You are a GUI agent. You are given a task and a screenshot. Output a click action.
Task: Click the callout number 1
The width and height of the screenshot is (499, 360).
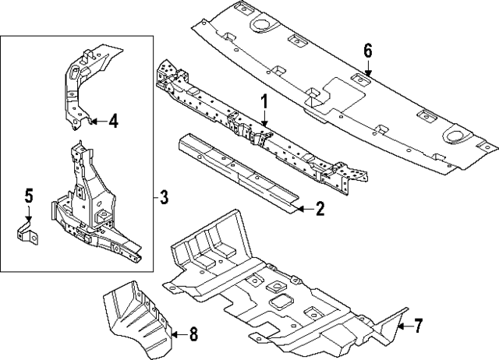pyautogui.click(x=264, y=101)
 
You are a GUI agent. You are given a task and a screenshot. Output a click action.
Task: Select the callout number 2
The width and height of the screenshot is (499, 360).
pyautogui.click(x=320, y=209)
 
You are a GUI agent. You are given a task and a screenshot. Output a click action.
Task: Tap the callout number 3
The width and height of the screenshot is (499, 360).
pyautogui.click(x=163, y=196)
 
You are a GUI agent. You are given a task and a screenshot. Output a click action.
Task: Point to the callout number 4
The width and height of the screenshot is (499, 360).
pyautogui.click(x=113, y=121)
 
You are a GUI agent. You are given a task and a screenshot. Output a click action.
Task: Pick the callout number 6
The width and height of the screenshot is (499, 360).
pyautogui.click(x=367, y=51)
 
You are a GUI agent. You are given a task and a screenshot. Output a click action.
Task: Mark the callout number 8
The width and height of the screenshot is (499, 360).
pyautogui.click(x=193, y=335)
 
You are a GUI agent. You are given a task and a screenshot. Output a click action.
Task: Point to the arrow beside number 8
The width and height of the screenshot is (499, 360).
pyautogui.click(x=178, y=335)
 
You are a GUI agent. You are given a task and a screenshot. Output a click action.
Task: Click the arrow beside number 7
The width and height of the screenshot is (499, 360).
pyautogui.click(x=403, y=326)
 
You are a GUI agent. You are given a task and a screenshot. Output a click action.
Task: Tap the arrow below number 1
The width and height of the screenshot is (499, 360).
pyautogui.click(x=264, y=120)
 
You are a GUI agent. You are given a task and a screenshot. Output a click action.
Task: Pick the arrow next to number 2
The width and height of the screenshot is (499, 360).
pyautogui.click(x=303, y=209)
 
